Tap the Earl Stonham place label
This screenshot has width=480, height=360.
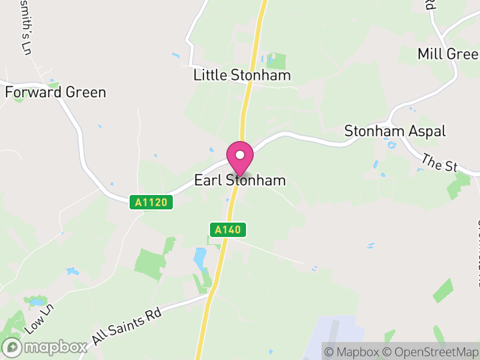(240, 181)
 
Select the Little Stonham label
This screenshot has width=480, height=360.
(242, 75)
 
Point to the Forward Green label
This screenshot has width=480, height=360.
(55, 92)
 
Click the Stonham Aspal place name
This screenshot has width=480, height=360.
(395, 131)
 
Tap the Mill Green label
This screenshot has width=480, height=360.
(448, 54)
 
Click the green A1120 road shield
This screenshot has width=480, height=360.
(151, 203)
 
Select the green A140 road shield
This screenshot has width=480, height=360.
(228, 229)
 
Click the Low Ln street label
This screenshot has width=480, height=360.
(40, 319)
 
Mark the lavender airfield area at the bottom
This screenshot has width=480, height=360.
(336, 336)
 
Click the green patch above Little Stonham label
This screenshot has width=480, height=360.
(276, 60)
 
